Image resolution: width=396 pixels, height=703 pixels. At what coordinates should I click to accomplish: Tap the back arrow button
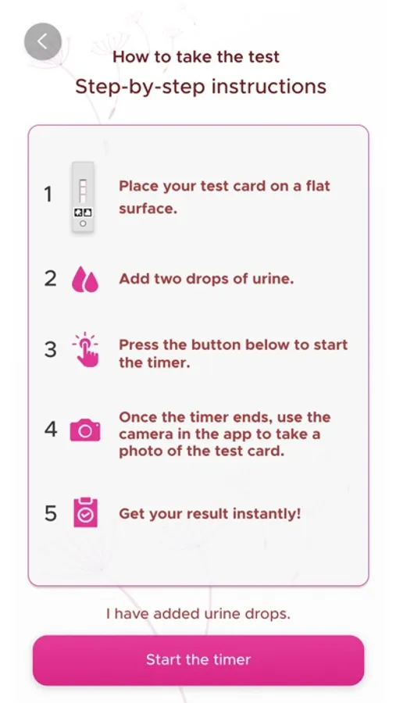43,41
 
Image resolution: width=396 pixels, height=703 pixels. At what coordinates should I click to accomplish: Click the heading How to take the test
196,57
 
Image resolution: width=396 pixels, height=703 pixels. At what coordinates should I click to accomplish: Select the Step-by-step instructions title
201,86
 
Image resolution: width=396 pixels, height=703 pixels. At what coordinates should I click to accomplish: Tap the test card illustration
83,197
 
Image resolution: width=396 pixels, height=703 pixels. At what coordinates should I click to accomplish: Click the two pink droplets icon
85,280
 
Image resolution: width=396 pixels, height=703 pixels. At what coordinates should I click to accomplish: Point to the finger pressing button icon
86,350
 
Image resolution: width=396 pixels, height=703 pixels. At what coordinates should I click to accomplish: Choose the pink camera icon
85,430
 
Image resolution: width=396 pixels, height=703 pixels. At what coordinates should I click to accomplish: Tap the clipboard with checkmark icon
85,512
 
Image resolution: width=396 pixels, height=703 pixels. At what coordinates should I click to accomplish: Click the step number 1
48,194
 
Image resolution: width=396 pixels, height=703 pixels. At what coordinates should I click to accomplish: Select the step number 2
50,278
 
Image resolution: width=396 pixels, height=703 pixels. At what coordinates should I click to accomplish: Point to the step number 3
50,350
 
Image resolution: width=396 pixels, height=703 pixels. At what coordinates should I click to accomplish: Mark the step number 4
51,430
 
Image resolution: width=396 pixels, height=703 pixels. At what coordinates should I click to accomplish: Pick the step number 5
51,513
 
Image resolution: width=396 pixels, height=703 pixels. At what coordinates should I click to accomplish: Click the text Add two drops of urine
206,279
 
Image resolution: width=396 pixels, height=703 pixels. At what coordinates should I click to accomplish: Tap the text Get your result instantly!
210,514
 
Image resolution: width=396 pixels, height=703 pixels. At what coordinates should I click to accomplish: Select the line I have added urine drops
198,613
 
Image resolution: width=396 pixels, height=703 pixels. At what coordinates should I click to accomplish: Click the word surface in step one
146,209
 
